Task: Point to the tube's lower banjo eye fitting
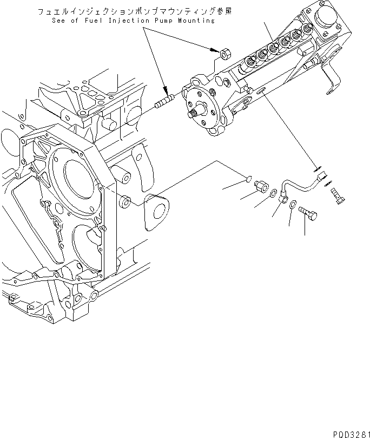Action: click(x=282, y=200)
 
